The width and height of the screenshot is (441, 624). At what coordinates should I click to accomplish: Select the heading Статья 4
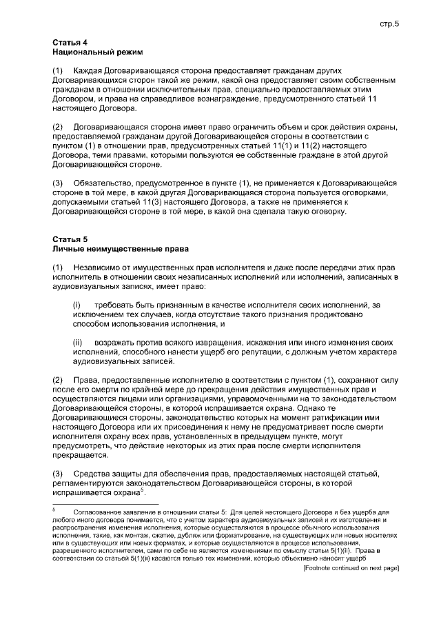70,43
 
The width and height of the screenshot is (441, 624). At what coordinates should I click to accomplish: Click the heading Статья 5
70,239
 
